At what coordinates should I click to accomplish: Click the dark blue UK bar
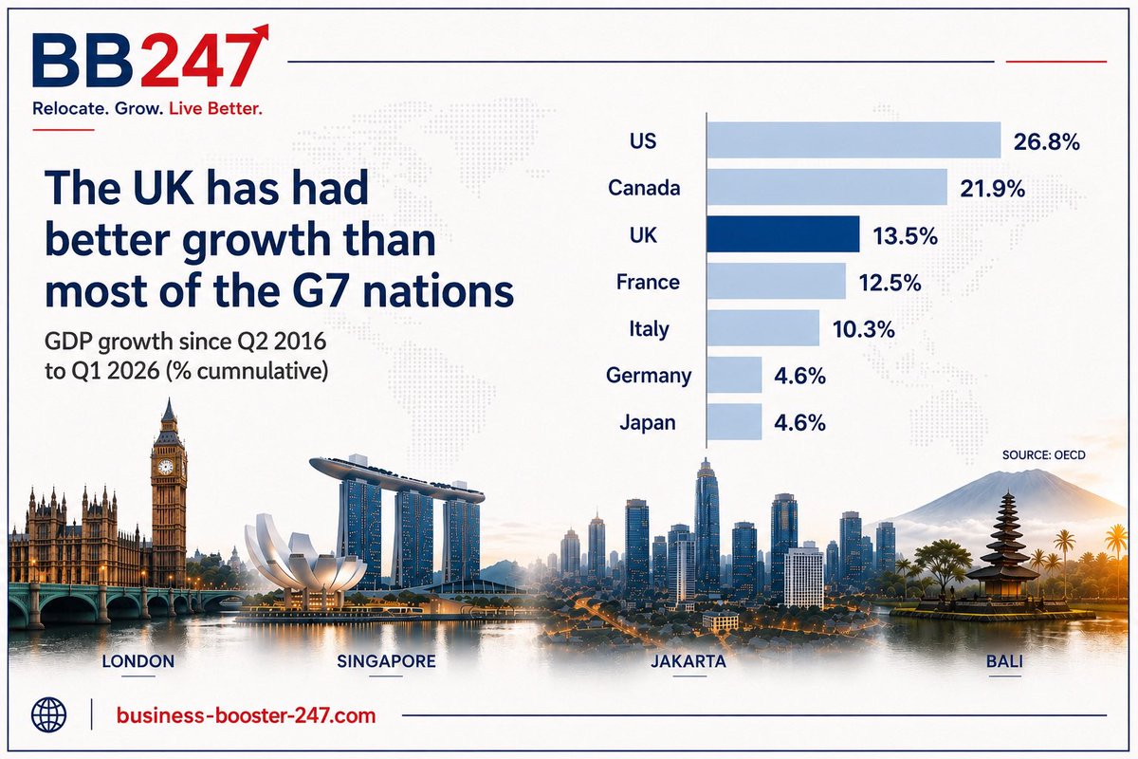(x=783, y=234)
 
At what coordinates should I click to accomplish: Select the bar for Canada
(x=827, y=187)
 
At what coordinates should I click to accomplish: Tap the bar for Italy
(x=763, y=328)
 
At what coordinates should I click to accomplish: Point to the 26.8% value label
(x=1047, y=141)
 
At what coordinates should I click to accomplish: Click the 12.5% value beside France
(x=890, y=283)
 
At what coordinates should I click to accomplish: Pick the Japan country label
(x=648, y=422)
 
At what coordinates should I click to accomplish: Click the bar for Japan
(x=735, y=422)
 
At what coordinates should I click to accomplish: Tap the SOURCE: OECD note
(x=1043, y=455)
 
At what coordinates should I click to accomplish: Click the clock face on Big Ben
(x=165, y=467)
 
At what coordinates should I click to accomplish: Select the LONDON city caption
(x=138, y=661)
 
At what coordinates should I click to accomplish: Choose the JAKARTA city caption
(x=688, y=661)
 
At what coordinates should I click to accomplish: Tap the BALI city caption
(x=1004, y=661)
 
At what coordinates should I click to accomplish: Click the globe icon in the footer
(x=48, y=714)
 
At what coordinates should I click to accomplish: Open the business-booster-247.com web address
(x=246, y=715)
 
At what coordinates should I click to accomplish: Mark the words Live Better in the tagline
(x=215, y=108)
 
